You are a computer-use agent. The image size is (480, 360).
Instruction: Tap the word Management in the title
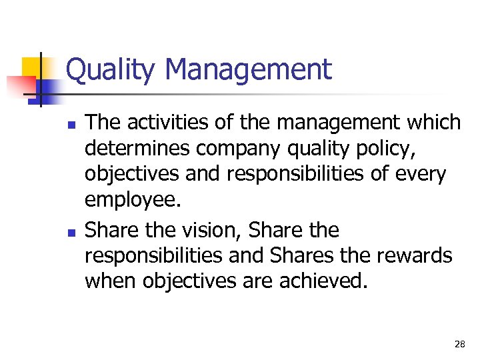pos(247,69)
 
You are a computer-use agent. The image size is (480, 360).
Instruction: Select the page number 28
pos(459,344)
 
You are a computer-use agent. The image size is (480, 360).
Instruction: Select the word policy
pos(382,149)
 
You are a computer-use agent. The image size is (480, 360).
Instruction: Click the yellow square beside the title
pos(33,67)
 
